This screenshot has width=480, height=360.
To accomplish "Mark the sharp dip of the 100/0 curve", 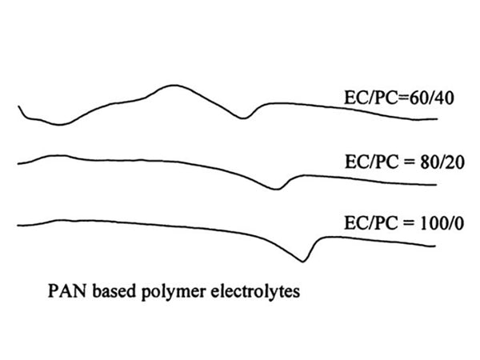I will point(302,261).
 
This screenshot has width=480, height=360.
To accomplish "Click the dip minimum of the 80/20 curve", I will point(277,190).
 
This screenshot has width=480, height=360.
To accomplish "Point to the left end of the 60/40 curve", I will point(18,105).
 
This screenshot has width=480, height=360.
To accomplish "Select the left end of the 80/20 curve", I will point(18,166).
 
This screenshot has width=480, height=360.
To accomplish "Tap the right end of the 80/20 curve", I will point(436,185).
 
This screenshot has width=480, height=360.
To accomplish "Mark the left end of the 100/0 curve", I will point(18,223).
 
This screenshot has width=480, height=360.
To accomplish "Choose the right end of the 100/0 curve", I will point(436,245).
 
